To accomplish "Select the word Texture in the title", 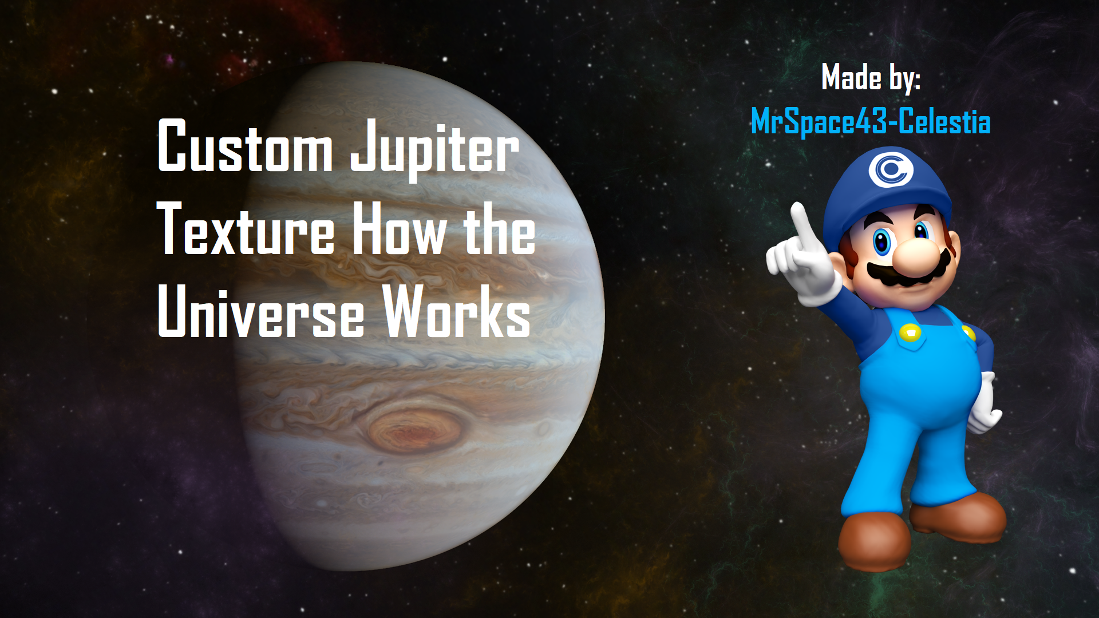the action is pyautogui.click(x=246, y=228).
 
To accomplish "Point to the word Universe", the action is pyautogui.click(x=260, y=311).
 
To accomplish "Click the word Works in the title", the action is pyautogui.click(x=457, y=311).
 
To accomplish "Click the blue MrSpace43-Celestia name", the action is pyautogui.click(x=871, y=122).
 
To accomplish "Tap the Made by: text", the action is pyautogui.click(x=871, y=77).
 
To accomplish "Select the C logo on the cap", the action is pyautogui.click(x=890, y=169).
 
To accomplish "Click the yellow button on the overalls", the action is pyautogui.click(x=910, y=332).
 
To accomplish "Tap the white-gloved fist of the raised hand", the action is pyautogui.click(x=801, y=263).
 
